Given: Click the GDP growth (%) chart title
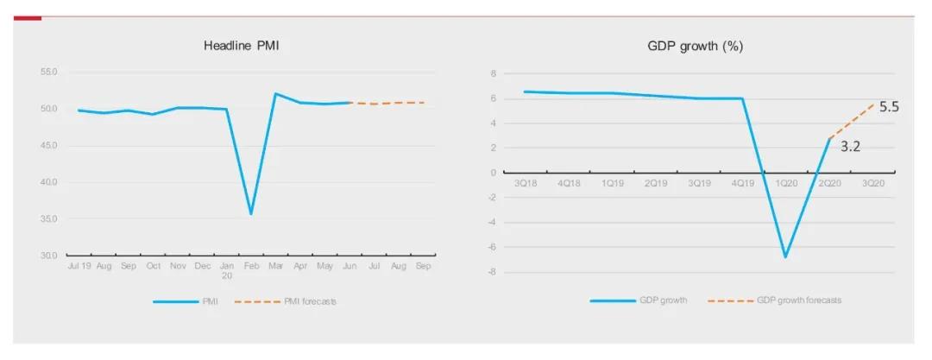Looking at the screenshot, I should point(695,46).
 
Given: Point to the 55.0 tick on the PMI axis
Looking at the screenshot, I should point(48,73).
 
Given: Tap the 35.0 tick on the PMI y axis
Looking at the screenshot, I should point(48,219).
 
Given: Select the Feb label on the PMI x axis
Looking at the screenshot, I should point(251,268).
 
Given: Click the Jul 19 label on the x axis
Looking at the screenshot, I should point(79,268).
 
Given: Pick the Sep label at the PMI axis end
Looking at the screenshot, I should point(423,268).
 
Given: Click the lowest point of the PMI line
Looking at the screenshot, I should point(251,214).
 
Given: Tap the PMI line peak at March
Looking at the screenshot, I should point(275,93).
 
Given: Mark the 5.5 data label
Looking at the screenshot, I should point(889,108).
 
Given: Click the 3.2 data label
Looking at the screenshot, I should point(850,147).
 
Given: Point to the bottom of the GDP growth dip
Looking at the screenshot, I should point(785,256).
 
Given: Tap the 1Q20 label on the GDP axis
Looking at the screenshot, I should point(786,184).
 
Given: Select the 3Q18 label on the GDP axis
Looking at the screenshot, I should point(526,184).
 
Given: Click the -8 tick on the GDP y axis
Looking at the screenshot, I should point(493,273).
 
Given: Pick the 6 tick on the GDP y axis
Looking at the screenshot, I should point(494,98).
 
